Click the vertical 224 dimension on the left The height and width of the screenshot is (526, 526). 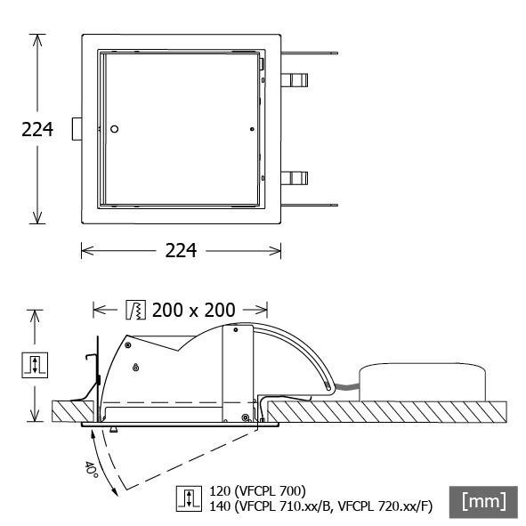37,130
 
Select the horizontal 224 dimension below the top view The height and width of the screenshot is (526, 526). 182,251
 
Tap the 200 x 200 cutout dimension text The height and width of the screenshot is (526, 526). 193,310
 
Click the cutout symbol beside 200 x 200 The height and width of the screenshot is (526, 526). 135,310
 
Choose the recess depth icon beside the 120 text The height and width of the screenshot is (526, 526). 188,498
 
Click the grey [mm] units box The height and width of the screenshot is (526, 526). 484,501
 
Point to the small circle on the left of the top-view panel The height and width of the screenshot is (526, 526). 114,130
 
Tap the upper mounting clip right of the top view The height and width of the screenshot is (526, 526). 296,81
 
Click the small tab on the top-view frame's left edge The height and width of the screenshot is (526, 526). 77,130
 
